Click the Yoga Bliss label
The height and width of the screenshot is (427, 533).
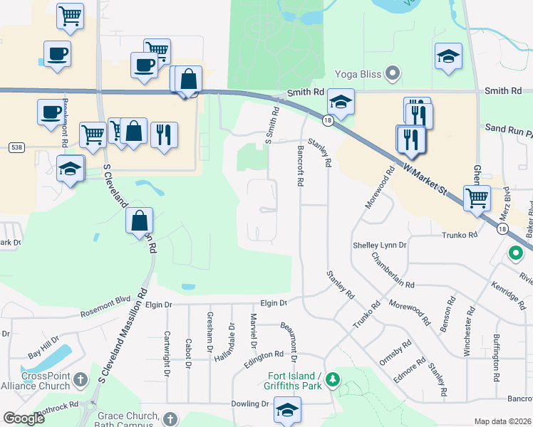(357, 74)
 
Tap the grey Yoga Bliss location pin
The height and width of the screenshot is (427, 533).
(392, 73)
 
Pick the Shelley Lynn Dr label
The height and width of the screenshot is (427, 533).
(379, 246)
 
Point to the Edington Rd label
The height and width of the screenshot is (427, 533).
(264, 354)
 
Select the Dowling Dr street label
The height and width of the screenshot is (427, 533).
(249, 404)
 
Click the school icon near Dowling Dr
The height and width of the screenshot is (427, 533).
(287, 411)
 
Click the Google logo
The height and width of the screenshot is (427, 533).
(24, 418)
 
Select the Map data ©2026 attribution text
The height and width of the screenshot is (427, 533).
(503, 421)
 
